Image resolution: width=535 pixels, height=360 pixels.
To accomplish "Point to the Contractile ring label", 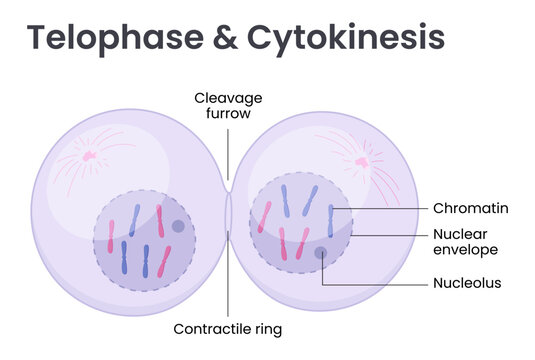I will pos(228,328).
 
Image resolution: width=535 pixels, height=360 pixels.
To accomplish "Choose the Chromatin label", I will pos(471,209).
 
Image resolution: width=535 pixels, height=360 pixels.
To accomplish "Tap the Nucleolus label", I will pos(467,283).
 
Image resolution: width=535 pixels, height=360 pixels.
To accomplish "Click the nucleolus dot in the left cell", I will pos(178,226).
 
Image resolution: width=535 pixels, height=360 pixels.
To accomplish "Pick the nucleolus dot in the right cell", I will pos(321,253).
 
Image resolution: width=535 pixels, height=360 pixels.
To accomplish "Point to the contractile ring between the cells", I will pos(229,215).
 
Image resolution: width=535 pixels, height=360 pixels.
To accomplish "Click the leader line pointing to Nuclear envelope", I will pos(390,235).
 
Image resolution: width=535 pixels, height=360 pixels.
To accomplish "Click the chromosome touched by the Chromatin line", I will pos(330,220).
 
